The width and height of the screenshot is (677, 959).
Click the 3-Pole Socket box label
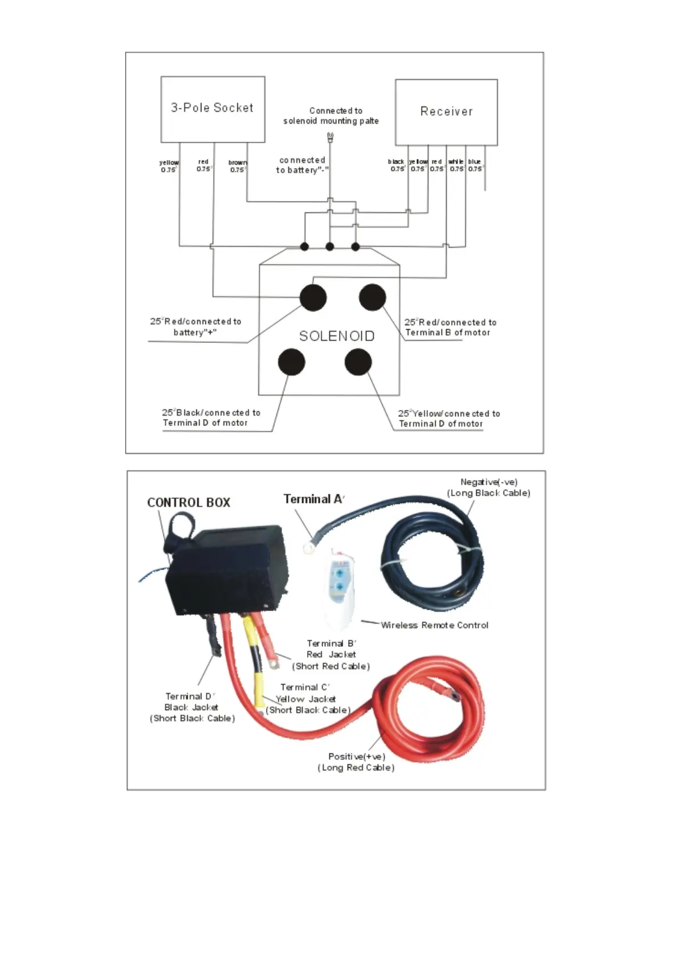tap(212, 108)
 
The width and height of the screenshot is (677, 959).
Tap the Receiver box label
tap(446, 112)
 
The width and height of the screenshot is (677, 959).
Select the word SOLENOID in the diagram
tap(337, 336)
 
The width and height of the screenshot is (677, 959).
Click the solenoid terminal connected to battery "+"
tap(313, 297)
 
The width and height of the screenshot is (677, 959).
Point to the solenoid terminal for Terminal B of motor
tap(373, 297)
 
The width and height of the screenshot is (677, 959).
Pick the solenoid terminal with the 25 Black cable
tap(291, 362)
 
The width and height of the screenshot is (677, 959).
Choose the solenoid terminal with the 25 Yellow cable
tap(358, 362)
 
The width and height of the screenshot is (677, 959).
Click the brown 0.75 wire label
tap(237, 166)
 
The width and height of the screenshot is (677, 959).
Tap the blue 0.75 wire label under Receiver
tap(475, 165)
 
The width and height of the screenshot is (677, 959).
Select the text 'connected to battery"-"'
tap(302, 165)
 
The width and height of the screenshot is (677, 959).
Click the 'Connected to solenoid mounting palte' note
tap(332, 116)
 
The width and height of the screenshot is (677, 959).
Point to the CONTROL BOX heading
tap(188, 503)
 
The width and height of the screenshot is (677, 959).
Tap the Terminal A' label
tap(313, 499)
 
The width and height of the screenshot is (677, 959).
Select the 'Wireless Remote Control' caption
tap(434, 625)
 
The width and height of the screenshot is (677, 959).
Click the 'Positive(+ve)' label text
tap(357, 756)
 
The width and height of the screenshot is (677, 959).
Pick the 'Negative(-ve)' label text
tap(489, 482)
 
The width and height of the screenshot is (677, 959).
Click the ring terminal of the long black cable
tap(309, 548)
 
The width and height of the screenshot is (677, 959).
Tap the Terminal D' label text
tap(190, 696)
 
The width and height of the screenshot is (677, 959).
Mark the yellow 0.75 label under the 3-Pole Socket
tap(169, 166)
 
